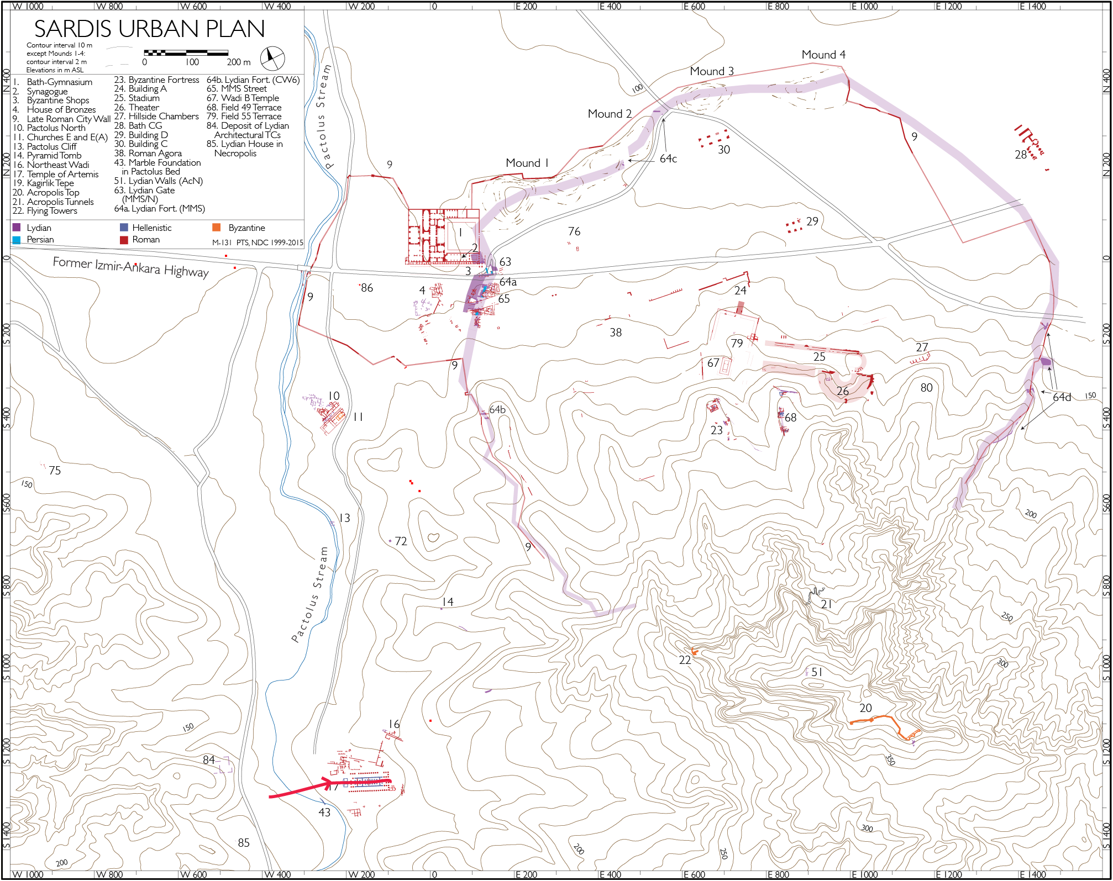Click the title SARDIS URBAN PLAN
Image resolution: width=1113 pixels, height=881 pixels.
(x=149, y=29)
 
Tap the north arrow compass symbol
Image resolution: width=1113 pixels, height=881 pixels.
(x=272, y=58)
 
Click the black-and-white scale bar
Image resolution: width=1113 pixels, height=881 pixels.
(x=186, y=53)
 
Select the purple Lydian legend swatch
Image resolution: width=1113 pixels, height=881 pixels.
(x=17, y=228)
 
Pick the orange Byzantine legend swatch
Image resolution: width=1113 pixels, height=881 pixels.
(x=217, y=228)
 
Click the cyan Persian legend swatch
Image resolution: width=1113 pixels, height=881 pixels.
(x=17, y=240)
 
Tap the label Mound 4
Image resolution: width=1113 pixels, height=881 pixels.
(x=823, y=55)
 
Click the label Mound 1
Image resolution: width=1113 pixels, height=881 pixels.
(x=527, y=163)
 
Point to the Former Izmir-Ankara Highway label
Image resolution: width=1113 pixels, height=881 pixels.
(x=130, y=267)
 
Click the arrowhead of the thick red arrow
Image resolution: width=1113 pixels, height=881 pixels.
(x=327, y=783)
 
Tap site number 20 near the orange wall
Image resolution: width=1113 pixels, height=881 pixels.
(x=865, y=708)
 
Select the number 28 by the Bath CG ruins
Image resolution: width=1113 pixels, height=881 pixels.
(x=1021, y=155)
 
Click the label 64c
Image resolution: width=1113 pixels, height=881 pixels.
(x=668, y=159)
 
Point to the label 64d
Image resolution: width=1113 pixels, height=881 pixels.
(x=1062, y=397)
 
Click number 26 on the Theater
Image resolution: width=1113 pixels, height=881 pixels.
(x=842, y=391)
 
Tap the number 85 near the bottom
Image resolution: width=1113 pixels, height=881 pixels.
(x=244, y=843)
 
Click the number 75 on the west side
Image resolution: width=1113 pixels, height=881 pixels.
(x=55, y=471)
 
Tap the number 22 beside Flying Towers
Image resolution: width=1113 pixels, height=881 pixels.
(x=685, y=660)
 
